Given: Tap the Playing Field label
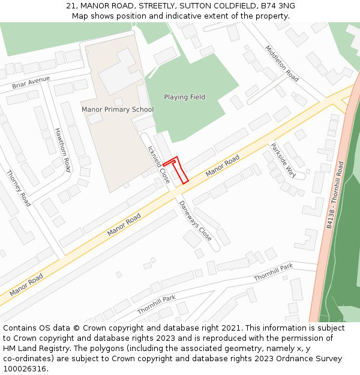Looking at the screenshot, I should (184, 97).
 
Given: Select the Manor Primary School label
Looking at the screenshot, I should (118, 110).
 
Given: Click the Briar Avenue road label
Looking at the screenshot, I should (31, 83).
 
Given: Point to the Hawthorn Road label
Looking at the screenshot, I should (62, 150).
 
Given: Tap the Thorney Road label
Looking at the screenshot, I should (18, 188).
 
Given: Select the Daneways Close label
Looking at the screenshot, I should (195, 220).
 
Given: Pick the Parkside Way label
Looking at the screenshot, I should (283, 160).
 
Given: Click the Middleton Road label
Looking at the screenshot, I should (282, 64).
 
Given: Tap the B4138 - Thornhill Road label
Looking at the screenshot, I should (336, 194).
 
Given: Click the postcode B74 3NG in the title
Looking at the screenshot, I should (278, 6).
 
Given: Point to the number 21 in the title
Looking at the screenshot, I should (70, 6).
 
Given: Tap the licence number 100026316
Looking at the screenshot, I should (26, 369).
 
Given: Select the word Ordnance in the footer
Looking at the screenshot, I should (290, 359).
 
